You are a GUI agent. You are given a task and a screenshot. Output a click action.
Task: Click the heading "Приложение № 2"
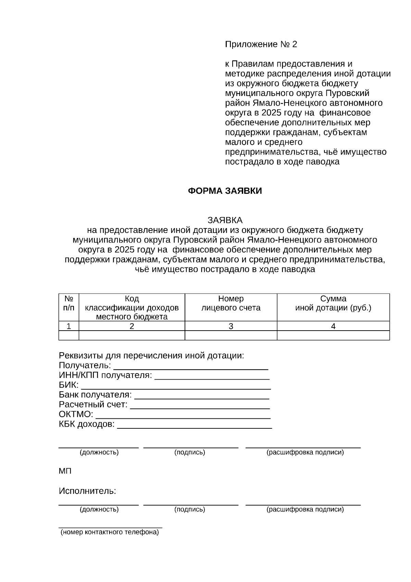pyautogui.click(x=261, y=44)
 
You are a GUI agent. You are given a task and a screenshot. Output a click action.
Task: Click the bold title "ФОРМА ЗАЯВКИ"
pyautogui.click(x=225, y=191)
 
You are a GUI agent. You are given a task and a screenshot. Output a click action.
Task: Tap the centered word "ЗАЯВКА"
pyautogui.click(x=225, y=220)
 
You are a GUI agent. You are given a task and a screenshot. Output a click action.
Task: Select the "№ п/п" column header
pyautogui.click(x=68, y=303)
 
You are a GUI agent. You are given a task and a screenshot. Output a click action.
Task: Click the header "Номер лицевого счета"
pyautogui.click(x=231, y=303)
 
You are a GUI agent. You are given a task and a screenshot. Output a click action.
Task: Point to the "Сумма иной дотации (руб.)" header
pyautogui.click(x=333, y=303)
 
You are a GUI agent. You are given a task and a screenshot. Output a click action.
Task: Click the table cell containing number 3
pyautogui.click(x=231, y=326)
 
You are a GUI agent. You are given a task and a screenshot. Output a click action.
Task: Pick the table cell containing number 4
pyautogui.click(x=333, y=326)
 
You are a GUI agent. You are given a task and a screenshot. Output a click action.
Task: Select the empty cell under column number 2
pyautogui.click(x=132, y=335)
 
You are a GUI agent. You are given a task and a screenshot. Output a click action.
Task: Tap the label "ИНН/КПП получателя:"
pyautogui.click(x=105, y=375)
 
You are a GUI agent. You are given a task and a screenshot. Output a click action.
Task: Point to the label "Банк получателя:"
pyautogui.click(x=95, y=395)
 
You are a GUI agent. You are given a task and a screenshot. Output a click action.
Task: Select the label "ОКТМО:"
pyautogui.click(x=76, y=414)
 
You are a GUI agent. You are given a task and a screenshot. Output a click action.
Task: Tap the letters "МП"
pyautogui.click(x=65, y=471)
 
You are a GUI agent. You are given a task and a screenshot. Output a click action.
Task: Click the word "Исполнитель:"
pyautogui.click(x=87, y=491)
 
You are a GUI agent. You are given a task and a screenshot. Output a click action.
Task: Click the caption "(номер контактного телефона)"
pyautogui.click(x=110, y=532)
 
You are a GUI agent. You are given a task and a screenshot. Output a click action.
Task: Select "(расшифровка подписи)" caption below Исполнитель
pyautogui.click(x=305, y=509)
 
